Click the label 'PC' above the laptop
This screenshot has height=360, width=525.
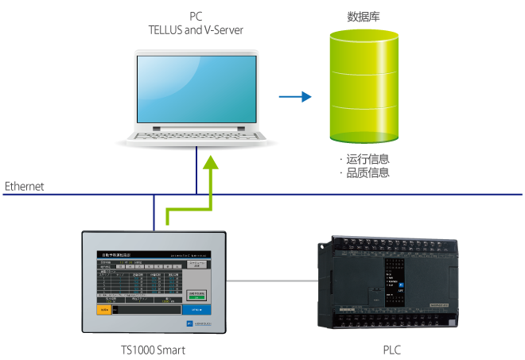pyautogui.click(x=195, y=17)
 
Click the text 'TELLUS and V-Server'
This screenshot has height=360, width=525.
pyautogui.click(x=195, y=30)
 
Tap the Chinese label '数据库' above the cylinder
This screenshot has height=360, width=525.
pyautogui.click(x=363, y=16)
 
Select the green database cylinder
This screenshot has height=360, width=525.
pyautogui.click(x=364, y=87)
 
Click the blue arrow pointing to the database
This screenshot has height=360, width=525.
pyautogui.click(x=294, y=98)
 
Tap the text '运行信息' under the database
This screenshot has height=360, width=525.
pyautogui.click(x=367, y=159)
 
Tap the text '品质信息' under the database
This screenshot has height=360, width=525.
pyautogui.click(x=367, y=172)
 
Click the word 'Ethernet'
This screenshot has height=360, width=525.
pyautogui.click(x=25, y=187)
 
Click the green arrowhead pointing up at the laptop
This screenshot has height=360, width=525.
pyautogui.click(x=211, y=163)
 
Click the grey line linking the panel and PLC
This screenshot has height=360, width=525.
pyautogui.click(x=270, y=281)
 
